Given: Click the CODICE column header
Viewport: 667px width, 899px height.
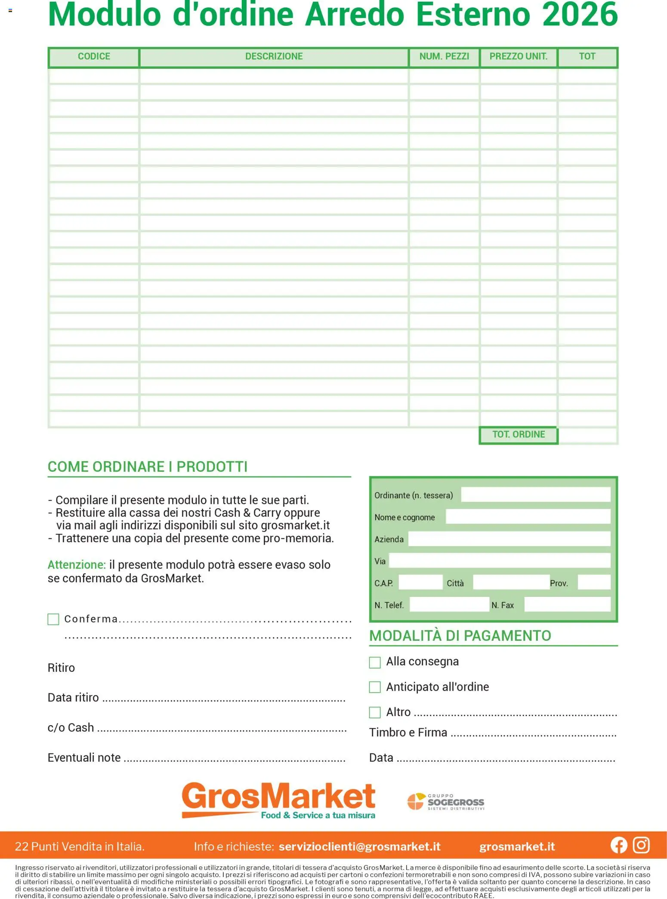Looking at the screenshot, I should click(94, 57).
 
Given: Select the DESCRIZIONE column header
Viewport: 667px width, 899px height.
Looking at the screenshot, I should click(274, 57).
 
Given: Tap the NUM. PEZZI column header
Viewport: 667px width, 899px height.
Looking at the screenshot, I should click(444, 57).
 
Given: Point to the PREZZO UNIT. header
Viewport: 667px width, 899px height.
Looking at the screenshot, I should click(518, 57).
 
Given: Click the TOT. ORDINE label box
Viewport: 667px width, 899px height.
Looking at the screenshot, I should click(518, 435).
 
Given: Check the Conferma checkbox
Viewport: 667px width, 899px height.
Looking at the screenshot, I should click(53, 619).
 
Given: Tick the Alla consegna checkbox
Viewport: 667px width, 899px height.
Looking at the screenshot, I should click(375, 662).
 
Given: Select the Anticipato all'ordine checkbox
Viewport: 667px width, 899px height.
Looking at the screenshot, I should click(375, 687).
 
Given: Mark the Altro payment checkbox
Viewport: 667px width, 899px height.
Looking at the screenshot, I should click(375, 713).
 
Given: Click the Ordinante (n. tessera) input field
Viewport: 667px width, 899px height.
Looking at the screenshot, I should click(535, 495).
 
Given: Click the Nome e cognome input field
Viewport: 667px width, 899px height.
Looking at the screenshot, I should click(528, 517).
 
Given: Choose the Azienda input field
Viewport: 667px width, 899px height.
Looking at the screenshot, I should click(509, 539).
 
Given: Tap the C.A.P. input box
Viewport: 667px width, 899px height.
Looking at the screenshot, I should click(420, 583).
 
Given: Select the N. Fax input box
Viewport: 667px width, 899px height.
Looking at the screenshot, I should click(567, 605).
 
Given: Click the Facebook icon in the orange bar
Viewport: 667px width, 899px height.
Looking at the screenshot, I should click(619, 846).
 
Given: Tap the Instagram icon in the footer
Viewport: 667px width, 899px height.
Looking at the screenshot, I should click(641, 846).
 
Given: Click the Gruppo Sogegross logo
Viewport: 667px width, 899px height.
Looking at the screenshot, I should click(446, 802).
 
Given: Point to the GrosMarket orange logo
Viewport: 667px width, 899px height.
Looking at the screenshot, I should click(278, 800).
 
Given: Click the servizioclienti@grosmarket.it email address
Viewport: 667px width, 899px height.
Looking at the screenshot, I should click(359, 847).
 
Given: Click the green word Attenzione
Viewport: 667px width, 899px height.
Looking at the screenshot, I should click(77, 565).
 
